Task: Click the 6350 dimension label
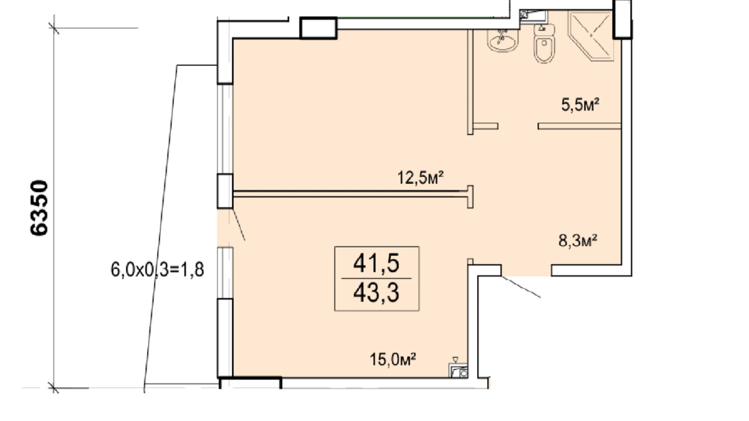click(39, 208)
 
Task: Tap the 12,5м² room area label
click(420, 178)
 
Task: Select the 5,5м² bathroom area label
click(580, 105)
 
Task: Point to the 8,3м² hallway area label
click(578, 240)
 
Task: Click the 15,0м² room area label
click(393, 359)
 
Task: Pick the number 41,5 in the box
click(376, 263)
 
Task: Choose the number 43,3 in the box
click(376, 293)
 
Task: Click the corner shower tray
click(591, 36)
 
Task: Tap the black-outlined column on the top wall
click(318, 28)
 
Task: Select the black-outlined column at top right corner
click(622, 19)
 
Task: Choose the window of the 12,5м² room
click(225, 129)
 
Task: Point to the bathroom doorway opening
click(518, 126)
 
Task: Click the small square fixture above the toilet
click(533, 16)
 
